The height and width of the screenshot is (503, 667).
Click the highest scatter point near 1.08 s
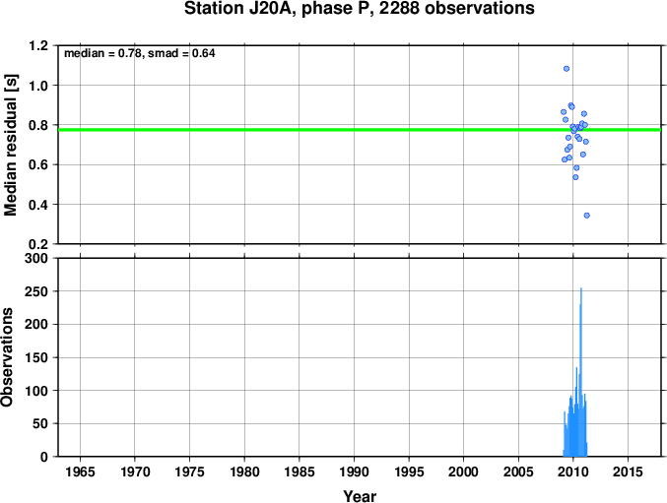(567, 68)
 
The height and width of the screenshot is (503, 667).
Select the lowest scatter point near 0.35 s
(586, 216)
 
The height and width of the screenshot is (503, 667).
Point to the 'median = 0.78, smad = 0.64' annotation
(140, 53)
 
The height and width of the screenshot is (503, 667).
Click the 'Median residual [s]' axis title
(10, 145)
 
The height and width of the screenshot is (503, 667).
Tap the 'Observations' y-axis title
(7, 357)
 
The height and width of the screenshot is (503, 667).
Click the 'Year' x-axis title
(360, 496)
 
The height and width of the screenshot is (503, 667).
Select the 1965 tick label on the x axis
(80, 472)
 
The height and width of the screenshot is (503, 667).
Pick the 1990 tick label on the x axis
(354, 472)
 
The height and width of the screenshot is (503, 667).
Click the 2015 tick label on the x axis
(628, 472)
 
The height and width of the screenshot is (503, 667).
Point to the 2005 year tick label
(518, 472)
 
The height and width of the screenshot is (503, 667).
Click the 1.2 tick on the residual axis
(38, 45)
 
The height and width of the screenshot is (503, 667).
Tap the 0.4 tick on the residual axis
(38, 205)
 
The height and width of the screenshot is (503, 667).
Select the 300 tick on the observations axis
(36, 258)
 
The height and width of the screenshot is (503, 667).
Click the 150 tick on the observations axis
(36, 357)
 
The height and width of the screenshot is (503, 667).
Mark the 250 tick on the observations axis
(36, 291)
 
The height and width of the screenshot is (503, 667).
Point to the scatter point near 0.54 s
(575, 177)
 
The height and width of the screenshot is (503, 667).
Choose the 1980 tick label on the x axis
(244, 472)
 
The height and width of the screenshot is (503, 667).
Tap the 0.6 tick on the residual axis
(38, 164)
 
